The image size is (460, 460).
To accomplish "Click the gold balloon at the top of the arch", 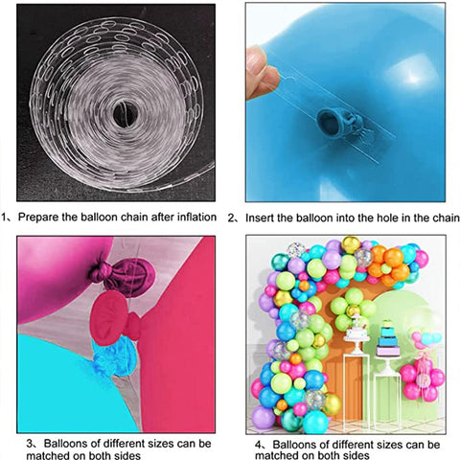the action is click(x=351, y=244).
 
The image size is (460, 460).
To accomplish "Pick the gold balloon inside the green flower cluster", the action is click(x=354, y=310).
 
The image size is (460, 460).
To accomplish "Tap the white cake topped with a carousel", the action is click(x=357, y=332).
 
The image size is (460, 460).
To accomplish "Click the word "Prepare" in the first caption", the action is click(x=37, y=218).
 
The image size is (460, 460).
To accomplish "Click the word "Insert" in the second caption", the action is click(x=260, y=218).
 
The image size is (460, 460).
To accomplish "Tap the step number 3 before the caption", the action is click(x=30, y=444).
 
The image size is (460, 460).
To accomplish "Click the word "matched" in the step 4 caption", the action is click(x=276, y=455).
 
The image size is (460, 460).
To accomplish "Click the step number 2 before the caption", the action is click(x=231, y=218).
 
